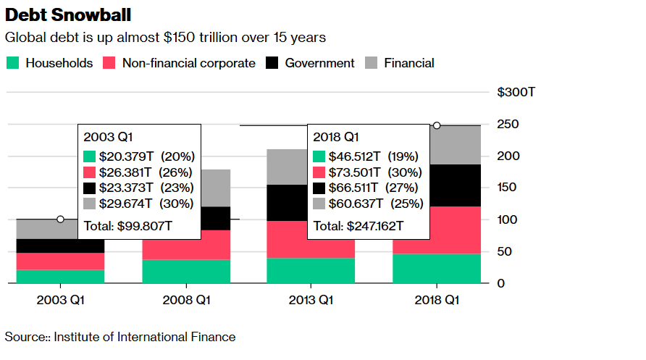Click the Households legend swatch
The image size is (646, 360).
[x=12, y=63]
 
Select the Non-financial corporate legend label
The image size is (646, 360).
[x=188, y=63]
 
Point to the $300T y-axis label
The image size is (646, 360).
[x=516, y=93]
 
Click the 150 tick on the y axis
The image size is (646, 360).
[x=507, y=188]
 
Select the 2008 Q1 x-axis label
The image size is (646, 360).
[x=187, y=300]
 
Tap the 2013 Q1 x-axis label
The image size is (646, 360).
[x=311, y=300]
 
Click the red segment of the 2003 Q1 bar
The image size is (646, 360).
[x=60, y=261]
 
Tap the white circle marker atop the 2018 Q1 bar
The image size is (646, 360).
[x=437, y=125]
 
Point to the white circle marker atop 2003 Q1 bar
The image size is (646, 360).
[x=60, y=219]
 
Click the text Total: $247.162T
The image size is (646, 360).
[x=358, y=225]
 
